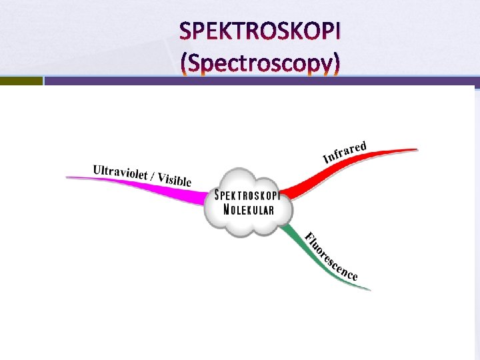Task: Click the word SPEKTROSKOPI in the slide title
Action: coord(260,32)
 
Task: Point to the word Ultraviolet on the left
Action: coord(120,172)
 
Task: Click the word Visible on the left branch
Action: coord(174,179)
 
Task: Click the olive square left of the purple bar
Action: coord(21,81)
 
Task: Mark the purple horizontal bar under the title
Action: coord(260,81)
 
